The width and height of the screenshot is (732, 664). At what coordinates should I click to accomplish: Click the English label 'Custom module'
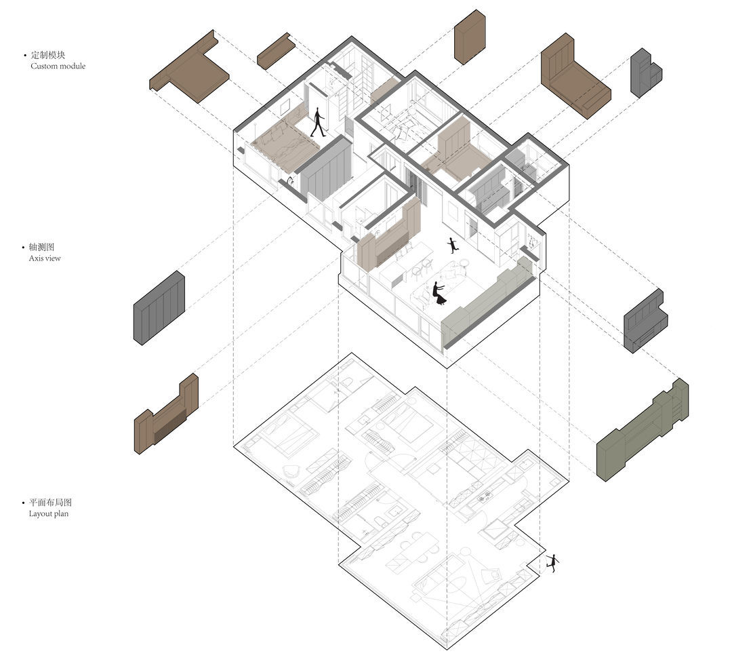58,66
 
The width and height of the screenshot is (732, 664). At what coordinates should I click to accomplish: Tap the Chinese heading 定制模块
48,55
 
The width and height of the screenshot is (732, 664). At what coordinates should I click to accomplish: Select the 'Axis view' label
45,258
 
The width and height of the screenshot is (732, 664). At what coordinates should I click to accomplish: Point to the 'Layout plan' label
49,514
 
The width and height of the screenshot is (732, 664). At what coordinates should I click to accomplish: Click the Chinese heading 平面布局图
50,503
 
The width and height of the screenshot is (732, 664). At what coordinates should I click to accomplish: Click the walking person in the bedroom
318,123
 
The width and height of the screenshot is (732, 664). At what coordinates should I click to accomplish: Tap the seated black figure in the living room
439,294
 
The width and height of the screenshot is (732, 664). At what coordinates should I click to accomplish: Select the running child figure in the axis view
452,246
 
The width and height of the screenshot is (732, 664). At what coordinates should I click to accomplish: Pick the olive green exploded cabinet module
642,431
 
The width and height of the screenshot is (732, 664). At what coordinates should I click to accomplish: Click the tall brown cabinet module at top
470,37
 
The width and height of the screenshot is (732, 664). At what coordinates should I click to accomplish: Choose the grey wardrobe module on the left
159,308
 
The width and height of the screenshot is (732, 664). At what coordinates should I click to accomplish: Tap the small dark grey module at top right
646,73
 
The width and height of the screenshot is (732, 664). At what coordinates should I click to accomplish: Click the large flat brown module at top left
188,68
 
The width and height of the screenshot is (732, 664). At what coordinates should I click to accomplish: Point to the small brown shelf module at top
276,51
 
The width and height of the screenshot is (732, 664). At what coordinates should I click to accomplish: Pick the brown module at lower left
166,414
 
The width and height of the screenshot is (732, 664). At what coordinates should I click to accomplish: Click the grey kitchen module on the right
645,321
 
